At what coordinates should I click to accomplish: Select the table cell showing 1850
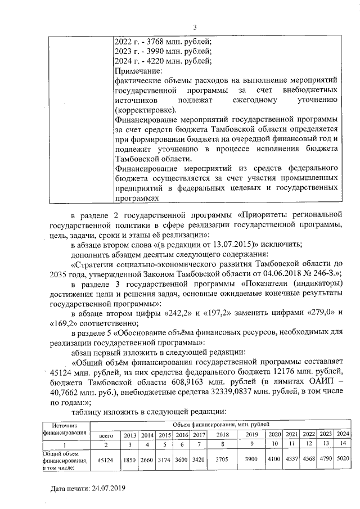(x=130, y=460)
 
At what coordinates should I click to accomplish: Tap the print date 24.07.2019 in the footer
(x=109, y=489)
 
